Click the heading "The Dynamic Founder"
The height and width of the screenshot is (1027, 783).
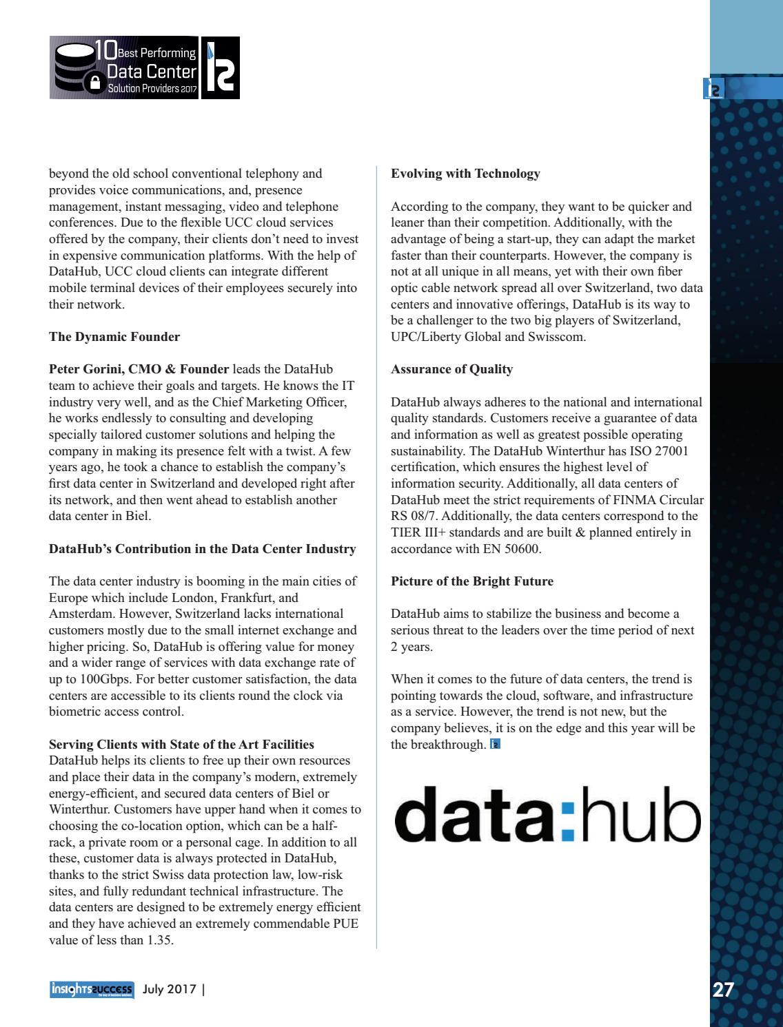click(x=114, y=337)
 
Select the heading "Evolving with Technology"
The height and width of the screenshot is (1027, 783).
click(x=465, y=174)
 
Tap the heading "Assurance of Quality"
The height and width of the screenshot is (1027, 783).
click(x=451, y=369)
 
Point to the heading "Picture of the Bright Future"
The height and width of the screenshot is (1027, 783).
click(x=471, y=581)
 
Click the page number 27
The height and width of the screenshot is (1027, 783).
click(x=723, y=990)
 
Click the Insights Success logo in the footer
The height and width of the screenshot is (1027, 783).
click(x=91, y=990)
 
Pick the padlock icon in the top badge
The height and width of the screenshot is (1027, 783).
click(x=95, y=83)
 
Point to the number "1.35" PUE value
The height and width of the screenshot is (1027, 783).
click(x=159, y=940)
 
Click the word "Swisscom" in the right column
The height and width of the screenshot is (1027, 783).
click(x=557, y=337)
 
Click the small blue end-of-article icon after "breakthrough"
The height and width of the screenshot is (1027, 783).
click(x=495, y=744)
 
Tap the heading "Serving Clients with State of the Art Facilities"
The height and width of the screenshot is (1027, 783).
click(x=181, y=745)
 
